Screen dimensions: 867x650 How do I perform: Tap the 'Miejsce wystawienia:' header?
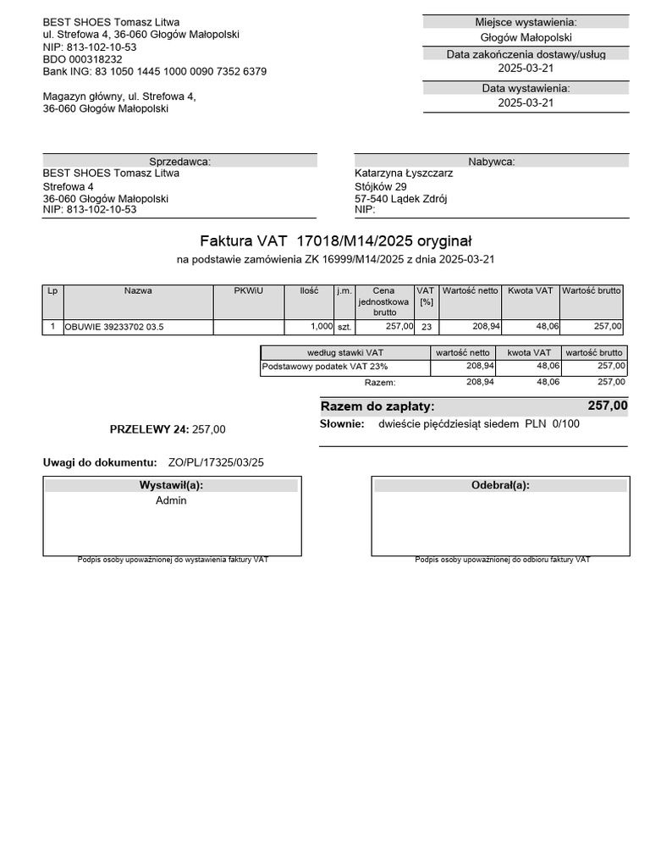pos(526,22)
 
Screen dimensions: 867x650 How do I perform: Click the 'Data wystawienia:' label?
pos(526,88)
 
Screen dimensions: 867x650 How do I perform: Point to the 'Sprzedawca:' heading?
pos(179,162)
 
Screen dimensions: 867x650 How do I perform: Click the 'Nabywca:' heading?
pos(491,162)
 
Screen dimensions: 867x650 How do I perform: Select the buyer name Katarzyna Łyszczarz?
pos(404,174)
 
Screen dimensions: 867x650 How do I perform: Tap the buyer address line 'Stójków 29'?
pos(381,186)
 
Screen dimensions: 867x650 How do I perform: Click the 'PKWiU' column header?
pos(248,290)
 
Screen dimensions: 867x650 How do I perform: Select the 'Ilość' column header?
pos(309,290)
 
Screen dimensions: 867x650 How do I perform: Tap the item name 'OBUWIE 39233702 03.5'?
pos(114,327)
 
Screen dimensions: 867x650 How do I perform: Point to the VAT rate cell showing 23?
pos(426,327)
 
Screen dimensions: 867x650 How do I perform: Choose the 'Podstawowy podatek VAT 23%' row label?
pos(325,367)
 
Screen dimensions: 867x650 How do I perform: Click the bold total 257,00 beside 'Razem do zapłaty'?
pos(608,406)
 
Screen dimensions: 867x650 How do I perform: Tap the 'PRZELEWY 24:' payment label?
pos(149,429)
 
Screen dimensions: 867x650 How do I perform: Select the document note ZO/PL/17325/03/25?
pos(216,462)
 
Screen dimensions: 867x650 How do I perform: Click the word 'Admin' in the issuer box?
pos(171,500)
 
